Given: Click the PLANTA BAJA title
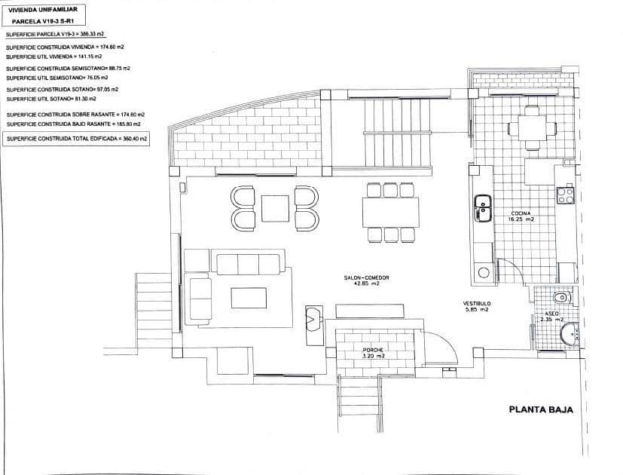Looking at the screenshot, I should pyautogui.click(x=541, y=410).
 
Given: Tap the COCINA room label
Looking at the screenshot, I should pyautogui.click(x=520, y=213).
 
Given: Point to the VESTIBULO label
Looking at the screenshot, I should pyautogui.click(x=476, y=303).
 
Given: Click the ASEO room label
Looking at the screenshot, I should pyautogui.click(x=551, y=313).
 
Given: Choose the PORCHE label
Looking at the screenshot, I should pyautogui.click(x=373, y=351).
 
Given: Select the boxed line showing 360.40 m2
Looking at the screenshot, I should pyautogui.click(x=77, y=139).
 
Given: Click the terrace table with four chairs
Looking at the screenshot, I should pyautogui.click(x=533, y=127).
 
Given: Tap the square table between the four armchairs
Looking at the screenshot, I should pyautogui.click(x=275, y=208).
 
